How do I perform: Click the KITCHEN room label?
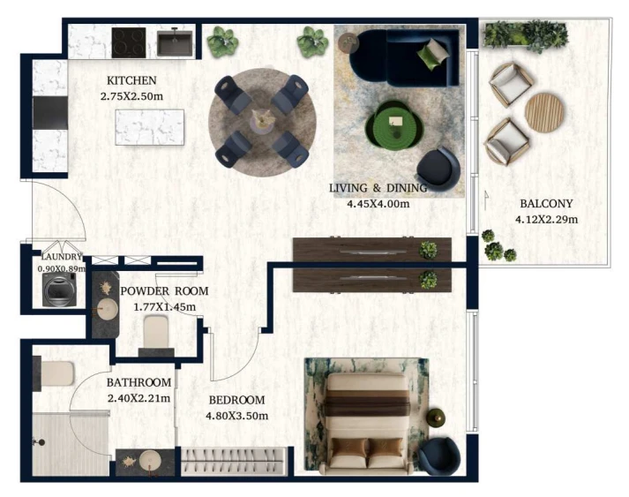(131, 80)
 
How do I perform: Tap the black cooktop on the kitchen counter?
(129, 42)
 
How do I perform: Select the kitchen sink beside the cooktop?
(175, 42)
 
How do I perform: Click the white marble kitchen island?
(150, 127)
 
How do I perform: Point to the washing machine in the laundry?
(59, 290)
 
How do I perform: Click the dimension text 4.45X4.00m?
(378, 204)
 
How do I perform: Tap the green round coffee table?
(394, 124)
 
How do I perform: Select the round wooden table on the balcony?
(545, 113)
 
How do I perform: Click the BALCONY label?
(546, 204)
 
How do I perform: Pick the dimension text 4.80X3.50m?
(236, 416)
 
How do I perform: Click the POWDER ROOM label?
(164, 291)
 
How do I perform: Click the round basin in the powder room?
(106, 310)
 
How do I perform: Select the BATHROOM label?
(139, 382)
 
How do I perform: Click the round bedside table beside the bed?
(436, 418)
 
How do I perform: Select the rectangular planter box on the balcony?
(525, 34)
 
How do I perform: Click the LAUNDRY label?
(62, 257)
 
